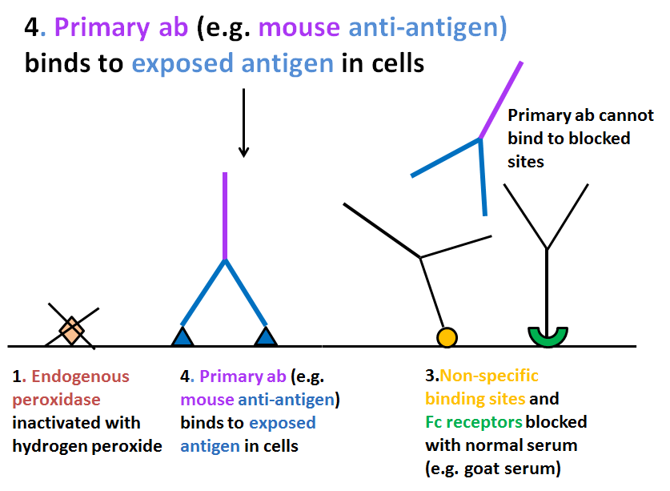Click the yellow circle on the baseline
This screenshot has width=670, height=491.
coord(447,337)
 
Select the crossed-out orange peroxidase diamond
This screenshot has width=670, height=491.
coord(72,330)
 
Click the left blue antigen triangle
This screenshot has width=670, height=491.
coord(183,337)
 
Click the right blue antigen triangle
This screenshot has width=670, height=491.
coord(266,337)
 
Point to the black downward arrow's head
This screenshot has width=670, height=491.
coord(243,151)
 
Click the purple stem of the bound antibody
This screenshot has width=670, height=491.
coord(225,216)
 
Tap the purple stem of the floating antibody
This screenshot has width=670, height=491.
coord(501,100)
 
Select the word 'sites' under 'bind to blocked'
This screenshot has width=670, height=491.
coord(526,162)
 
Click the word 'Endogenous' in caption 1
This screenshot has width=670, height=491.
coord(80,376)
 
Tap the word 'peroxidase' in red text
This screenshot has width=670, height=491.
coord(56,400)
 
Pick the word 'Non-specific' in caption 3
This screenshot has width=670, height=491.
coord(489,376)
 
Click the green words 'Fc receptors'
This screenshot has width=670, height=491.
coord(473,422)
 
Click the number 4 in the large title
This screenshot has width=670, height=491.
coord(32,27)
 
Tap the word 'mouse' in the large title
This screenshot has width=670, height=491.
coord(299,27)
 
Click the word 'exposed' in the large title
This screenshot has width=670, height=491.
coord(182,64)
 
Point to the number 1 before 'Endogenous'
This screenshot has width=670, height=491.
coord(17,376)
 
